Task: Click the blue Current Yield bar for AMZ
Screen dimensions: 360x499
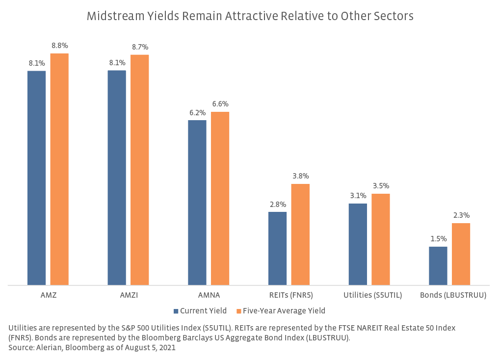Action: coord(36,178)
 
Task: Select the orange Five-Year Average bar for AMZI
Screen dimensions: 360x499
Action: coord(139,170)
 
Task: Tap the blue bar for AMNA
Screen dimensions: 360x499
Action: coord(197,202)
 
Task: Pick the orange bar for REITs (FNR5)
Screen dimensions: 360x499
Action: coord(300,234)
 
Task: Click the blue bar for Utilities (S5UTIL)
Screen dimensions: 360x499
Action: coord(358,244)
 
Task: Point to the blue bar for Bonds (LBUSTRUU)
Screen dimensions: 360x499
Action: coord(438,265)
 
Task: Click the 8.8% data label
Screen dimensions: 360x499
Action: coord(59,46)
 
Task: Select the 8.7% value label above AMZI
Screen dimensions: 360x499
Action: coord(140,47)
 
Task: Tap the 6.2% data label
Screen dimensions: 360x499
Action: coord(197,113)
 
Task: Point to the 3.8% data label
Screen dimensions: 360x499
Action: coord(301,176)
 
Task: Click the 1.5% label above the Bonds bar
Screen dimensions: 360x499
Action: coord(438,239)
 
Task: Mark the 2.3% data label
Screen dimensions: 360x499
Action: coord(461,215)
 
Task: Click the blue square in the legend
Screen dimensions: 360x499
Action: coord(176,311)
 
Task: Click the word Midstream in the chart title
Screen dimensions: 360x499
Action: coord(110,16)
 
